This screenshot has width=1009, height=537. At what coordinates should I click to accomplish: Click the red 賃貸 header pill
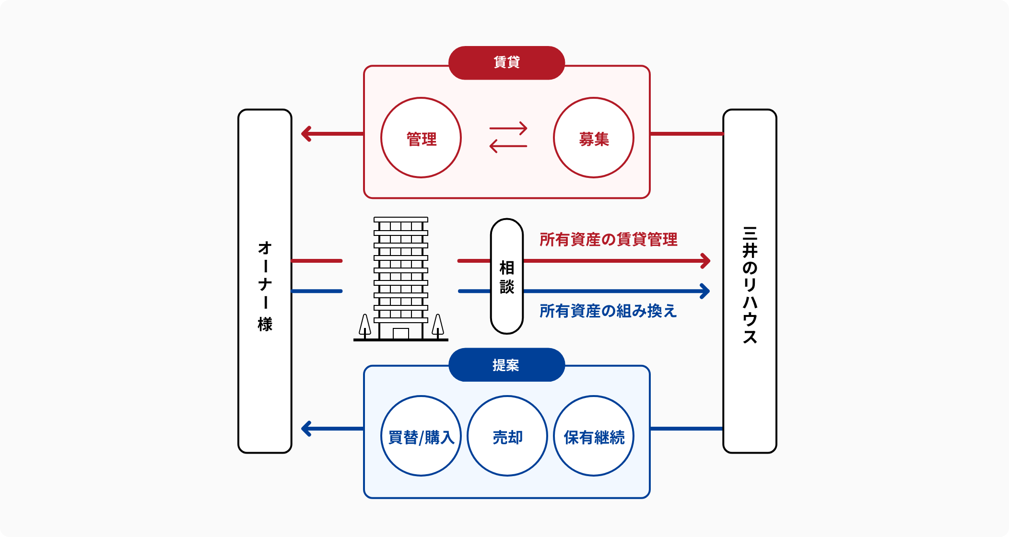point(506,63)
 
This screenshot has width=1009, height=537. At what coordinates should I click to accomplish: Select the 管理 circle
point(421,138)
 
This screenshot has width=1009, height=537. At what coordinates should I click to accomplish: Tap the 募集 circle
point(594,138)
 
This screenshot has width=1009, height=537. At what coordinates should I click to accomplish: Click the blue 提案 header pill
point(506,365)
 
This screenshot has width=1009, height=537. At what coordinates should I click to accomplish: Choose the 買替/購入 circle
point(421,436)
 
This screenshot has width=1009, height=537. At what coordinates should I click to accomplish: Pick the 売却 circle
point(507,436)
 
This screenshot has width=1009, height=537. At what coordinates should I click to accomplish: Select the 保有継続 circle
point(594,436)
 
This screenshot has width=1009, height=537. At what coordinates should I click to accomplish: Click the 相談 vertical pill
point(507,276)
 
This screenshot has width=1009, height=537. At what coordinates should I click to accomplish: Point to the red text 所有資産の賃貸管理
point(608,239)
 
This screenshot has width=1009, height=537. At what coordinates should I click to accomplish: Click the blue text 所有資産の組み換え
point(608,311)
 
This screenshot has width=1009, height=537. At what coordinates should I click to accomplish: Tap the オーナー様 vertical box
point(265,281)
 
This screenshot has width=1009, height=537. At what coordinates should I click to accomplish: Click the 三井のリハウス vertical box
point(750,281)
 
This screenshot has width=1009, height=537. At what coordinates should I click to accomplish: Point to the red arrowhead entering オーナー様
point(306,134)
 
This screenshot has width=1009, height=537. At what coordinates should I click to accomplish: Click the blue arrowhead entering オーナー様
point(306,429)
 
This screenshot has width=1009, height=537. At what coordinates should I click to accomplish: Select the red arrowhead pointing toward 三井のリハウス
point(705,261)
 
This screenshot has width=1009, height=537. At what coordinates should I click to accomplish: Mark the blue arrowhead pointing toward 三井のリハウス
point(705,291)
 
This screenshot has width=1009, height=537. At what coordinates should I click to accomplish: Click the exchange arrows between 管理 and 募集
point(508,138)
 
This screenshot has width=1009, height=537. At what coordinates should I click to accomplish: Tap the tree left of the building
point(365,326)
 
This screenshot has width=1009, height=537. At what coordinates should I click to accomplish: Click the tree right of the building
point(438,326)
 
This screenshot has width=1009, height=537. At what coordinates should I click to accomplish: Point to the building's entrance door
point(401,334)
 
